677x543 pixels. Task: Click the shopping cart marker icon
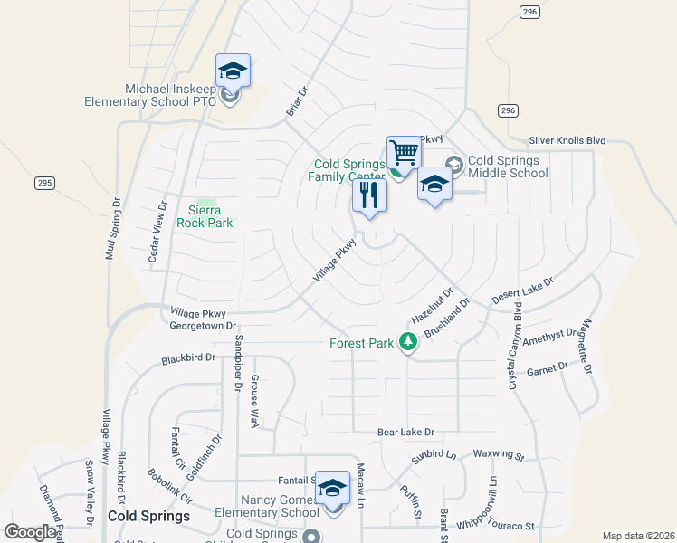click(404, 152)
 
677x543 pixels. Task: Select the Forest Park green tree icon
click(408, 341)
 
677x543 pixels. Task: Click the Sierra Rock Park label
click(205, 216)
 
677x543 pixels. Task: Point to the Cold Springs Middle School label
click(508, 167)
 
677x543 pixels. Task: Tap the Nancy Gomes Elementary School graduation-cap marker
click(332, 488)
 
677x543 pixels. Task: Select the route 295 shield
click(44, 183)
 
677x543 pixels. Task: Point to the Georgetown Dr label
click(203, 325)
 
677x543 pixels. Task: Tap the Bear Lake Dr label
click(406, 433)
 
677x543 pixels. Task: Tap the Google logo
click(30, 532)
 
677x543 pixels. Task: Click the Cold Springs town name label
click(148, 516)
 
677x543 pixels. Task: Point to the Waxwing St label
click(499, 454)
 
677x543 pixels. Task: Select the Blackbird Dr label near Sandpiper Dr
click(188, 358)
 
